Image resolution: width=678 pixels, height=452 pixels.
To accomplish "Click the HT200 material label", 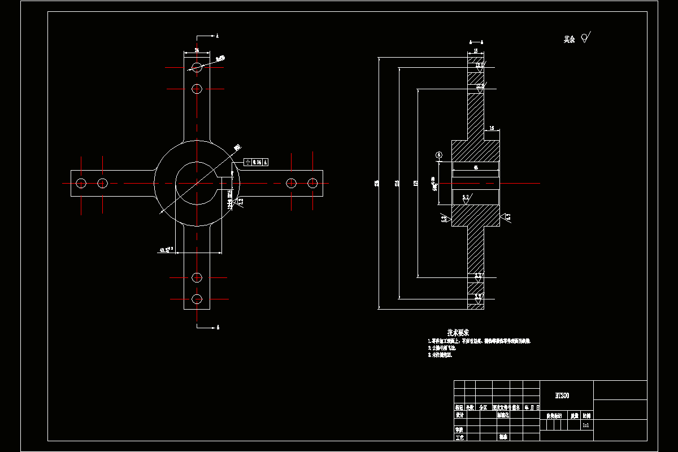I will [562, 395].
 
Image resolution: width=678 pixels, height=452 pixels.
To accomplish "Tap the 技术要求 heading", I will [458, 332].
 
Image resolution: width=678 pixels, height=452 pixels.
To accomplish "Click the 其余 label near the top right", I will [569, 40].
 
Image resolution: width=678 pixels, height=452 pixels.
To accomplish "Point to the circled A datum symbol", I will [439, 154].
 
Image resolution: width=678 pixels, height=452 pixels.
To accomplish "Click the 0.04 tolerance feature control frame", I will [255, 162].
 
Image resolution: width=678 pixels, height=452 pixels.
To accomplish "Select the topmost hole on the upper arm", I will [197, 67].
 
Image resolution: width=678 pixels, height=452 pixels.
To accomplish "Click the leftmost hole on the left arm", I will [81, 183].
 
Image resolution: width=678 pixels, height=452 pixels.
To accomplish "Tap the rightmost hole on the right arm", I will [312, 183].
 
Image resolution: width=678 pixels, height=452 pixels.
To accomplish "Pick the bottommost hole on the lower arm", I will [197, 298].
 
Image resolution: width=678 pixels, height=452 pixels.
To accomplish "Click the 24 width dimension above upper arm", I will [197, 50].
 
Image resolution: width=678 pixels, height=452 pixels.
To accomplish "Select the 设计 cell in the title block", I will [459, 415].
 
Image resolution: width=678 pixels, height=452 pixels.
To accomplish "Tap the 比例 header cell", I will [587, 415].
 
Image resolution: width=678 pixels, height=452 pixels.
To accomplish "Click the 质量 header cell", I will [574, 415].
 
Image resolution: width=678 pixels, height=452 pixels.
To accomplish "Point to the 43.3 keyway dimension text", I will [166, 249].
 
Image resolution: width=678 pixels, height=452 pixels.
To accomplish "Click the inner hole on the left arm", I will [102, 183].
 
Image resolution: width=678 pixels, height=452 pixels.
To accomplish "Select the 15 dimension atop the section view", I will [476, 51].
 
